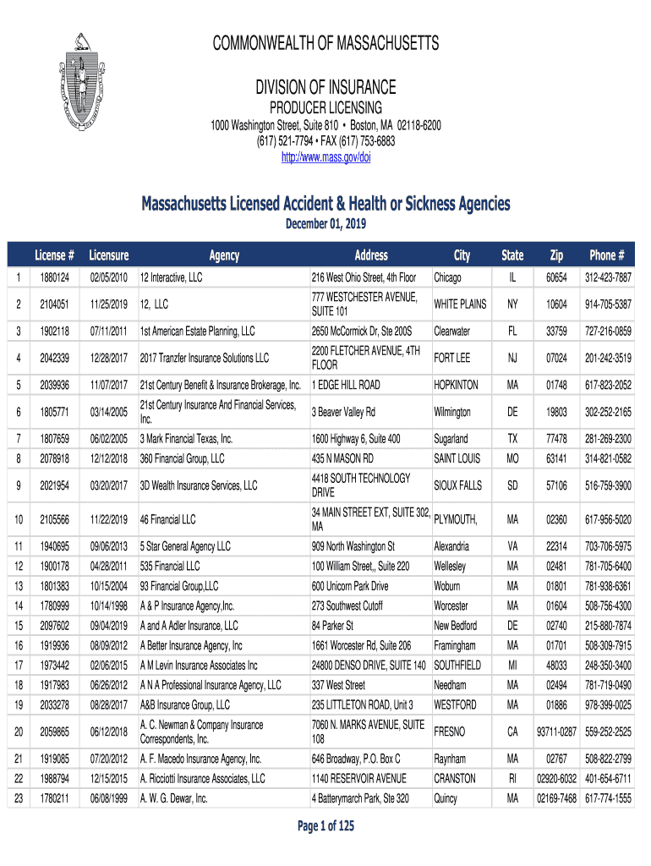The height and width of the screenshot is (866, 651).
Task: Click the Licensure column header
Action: (108, 255)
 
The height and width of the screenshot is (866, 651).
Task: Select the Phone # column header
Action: (607, 255)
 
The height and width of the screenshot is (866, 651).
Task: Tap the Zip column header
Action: (556, 255)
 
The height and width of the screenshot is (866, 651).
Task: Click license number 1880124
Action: (54, 277)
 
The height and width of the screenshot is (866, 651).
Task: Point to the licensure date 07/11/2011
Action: (108, 331)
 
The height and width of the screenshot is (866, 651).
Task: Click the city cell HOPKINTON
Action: (456, 385)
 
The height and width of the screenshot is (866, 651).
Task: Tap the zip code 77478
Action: (556, 439)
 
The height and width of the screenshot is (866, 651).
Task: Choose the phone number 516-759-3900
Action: (607, 485)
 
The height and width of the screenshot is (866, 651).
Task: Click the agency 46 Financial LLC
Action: (167, 518)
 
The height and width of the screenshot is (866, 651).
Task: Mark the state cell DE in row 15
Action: (512, 626)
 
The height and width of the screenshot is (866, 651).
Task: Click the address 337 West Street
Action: (338, 685)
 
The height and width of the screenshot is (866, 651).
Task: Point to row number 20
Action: (18, 732)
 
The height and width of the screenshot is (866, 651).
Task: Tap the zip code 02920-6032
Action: (556, 778)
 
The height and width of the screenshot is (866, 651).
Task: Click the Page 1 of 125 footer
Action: (325, 827)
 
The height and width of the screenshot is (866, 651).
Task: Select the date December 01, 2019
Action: (325, 223)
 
